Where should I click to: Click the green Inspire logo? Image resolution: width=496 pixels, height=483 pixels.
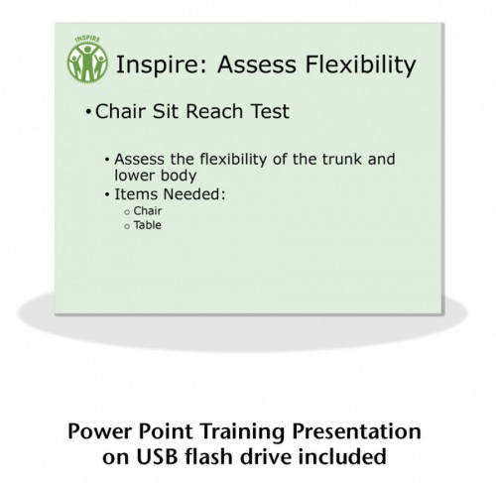pyautogui.click(x=87, y=59)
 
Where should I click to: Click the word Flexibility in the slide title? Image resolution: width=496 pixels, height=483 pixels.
pyautogui.click(x=360, y=64)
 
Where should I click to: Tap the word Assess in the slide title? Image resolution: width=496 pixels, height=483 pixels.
pyautogui.click(x=257, y=64)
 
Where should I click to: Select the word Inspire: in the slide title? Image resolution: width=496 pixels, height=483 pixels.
pyautogui.click(x=162, y=64)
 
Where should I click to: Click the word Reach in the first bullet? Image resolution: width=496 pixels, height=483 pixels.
pyautogui.click(x=215, y=111)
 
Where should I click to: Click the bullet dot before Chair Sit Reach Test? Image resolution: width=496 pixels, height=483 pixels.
pyautogui.click(x=88, y=112)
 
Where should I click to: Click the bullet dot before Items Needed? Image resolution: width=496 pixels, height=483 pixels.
pyautogui.click(x=107, y=194)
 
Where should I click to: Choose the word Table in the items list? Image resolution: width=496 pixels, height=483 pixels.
pyautogui.click(x=148, y=225)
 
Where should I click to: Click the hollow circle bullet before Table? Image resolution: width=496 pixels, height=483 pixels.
pyautogui.click(x=127, y=227)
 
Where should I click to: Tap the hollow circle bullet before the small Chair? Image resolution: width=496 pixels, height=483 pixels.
pyautogui.click(x=127, y=212)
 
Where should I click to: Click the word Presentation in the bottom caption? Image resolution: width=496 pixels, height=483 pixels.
pyautogui.click(x=357, y=431)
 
